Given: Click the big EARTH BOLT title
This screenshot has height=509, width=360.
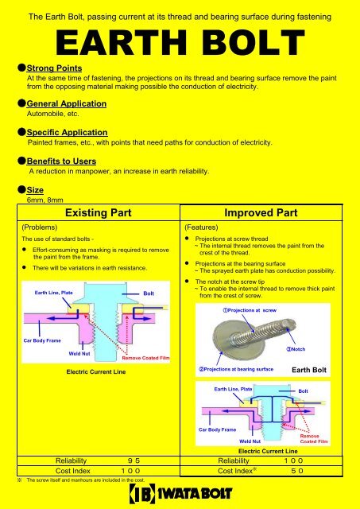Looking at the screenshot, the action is [x=180, y=42].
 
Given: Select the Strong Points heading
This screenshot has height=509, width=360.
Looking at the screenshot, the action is [x=54, y=68].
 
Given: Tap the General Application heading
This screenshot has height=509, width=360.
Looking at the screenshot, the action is [x=67, y=103].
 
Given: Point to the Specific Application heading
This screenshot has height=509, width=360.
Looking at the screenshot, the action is [x=67, y=133].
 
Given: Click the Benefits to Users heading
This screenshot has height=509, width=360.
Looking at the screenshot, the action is [x=61, y=161].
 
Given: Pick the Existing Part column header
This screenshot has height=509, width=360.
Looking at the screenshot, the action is [x=99, y=212].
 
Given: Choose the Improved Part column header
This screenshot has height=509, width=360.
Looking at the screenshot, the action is [x=261, y=212].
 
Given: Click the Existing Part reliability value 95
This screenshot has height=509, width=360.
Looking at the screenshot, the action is [x=134, y=460].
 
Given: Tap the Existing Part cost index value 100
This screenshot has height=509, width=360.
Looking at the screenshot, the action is [x=130, y=471].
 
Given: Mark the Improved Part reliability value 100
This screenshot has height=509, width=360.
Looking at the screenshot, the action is [x=293, y=460].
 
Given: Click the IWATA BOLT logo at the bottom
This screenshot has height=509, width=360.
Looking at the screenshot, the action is [x=180, y=493].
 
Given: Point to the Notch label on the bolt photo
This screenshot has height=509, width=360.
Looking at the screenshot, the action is [x=296, y=349].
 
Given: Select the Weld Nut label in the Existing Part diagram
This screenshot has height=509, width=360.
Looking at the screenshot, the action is [x=79, y=353].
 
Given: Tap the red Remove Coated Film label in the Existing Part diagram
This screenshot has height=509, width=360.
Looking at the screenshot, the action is [x=146, y=358].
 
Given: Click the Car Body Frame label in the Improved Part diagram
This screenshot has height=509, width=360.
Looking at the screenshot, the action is [x=217, y=429].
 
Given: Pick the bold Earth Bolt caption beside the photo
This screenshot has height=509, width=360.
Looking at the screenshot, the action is [x=309, y=370].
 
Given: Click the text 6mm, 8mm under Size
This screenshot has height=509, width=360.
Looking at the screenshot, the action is [x=45, y=200].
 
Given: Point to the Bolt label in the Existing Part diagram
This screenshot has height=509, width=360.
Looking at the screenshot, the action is [x=149, y=293].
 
